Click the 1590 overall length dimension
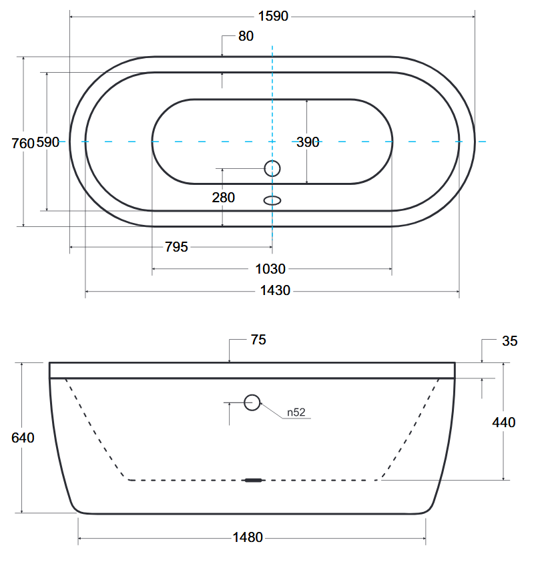pos(273,17)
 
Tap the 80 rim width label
pos(246,36)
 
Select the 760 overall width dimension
pos(23,144)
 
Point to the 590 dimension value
pos(47,142)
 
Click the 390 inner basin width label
pos(308,142)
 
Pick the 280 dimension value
pos(223,198)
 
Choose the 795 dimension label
pos(176,247)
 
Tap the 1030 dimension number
pos(270,270)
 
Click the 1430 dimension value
pos(275,291)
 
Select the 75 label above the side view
pos(258,340)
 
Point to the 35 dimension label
pos(509,341)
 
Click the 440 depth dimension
pos(504,422)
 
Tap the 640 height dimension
pos(23,438)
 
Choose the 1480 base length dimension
pos(248,537)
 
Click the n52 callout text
pos(296,412)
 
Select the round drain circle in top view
pos(272,168)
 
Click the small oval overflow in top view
pos(272,200)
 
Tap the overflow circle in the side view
pos(252,402)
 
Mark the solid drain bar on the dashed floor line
pos(253,480)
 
